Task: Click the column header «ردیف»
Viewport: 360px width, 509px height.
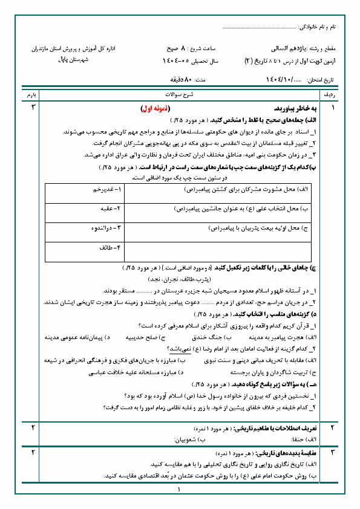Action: tap(331, 96)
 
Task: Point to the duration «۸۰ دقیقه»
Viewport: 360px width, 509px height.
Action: tap(179, 80)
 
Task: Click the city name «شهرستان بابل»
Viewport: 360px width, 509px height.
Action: tap(74, 61)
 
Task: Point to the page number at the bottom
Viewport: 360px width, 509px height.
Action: tap(180, 490)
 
